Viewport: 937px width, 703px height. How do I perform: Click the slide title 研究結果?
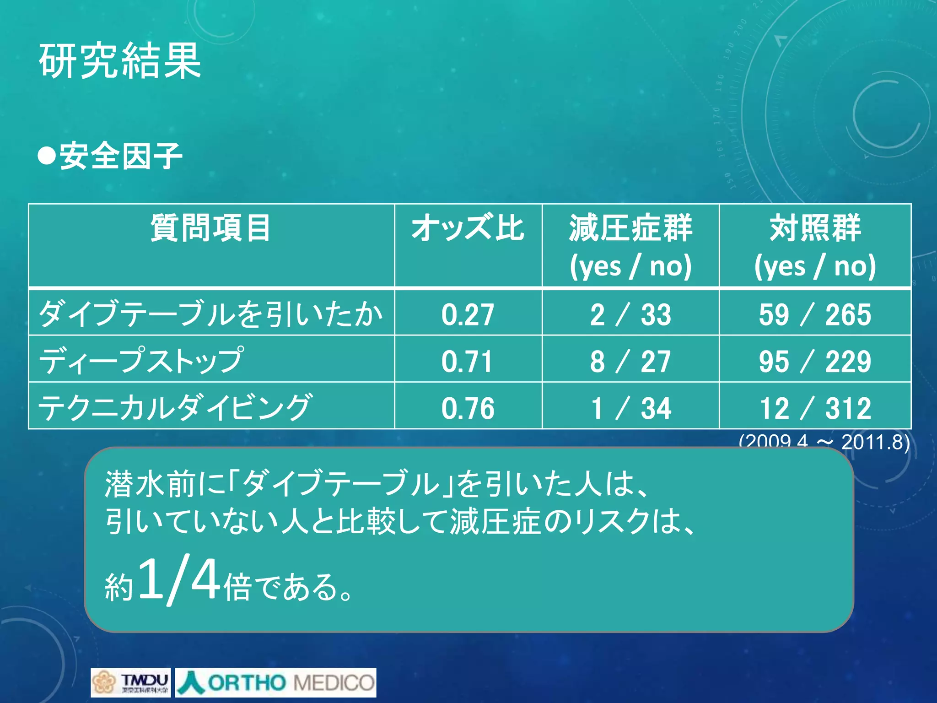[x=120, y=60]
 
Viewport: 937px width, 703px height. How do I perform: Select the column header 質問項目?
[x=210, y=228]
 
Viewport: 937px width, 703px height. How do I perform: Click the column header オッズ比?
[x=468, y=228]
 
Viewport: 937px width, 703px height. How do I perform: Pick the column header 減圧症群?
[x=630, y=228]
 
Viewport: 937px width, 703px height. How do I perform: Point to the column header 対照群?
[x=815, y=228]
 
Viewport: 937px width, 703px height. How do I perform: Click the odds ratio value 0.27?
[x=468, y=314]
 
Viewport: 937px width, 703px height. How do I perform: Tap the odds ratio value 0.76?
[x=468, y=408]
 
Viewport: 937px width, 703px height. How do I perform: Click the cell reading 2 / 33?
[x=630, y=314]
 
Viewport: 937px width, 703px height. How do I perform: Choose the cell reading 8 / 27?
[x=630, y=361]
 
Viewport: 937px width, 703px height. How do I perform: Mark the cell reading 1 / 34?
[x=630, y=408]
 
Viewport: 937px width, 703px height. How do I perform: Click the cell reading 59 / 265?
[x=815, y=314]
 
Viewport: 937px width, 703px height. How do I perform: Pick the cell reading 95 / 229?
[x=815, y=361]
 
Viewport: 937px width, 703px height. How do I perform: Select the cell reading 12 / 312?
[x=815, y=408]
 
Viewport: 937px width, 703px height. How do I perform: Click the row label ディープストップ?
[x=141, y=360]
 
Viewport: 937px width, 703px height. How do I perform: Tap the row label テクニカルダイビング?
[x=175, y=407]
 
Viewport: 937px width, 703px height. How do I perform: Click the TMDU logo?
[x=130, y=682]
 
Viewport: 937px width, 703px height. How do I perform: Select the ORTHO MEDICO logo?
[x=276, y=682]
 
